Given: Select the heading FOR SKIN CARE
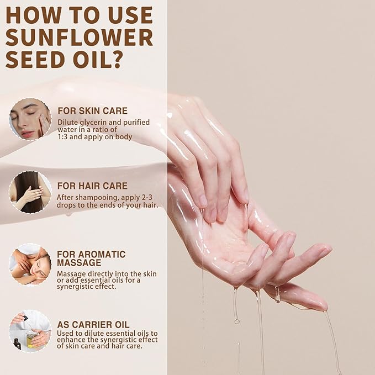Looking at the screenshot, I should point(92,110).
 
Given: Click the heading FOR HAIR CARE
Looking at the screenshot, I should point(92,186).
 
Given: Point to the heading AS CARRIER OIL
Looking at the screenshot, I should point(93,324).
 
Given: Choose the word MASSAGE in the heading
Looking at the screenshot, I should point(80,263).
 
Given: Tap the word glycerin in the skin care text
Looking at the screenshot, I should point(95,122).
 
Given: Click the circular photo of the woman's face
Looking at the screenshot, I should point(30,119).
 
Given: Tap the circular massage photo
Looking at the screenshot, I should point(30,264).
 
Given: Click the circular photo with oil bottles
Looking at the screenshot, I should point(30,331).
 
